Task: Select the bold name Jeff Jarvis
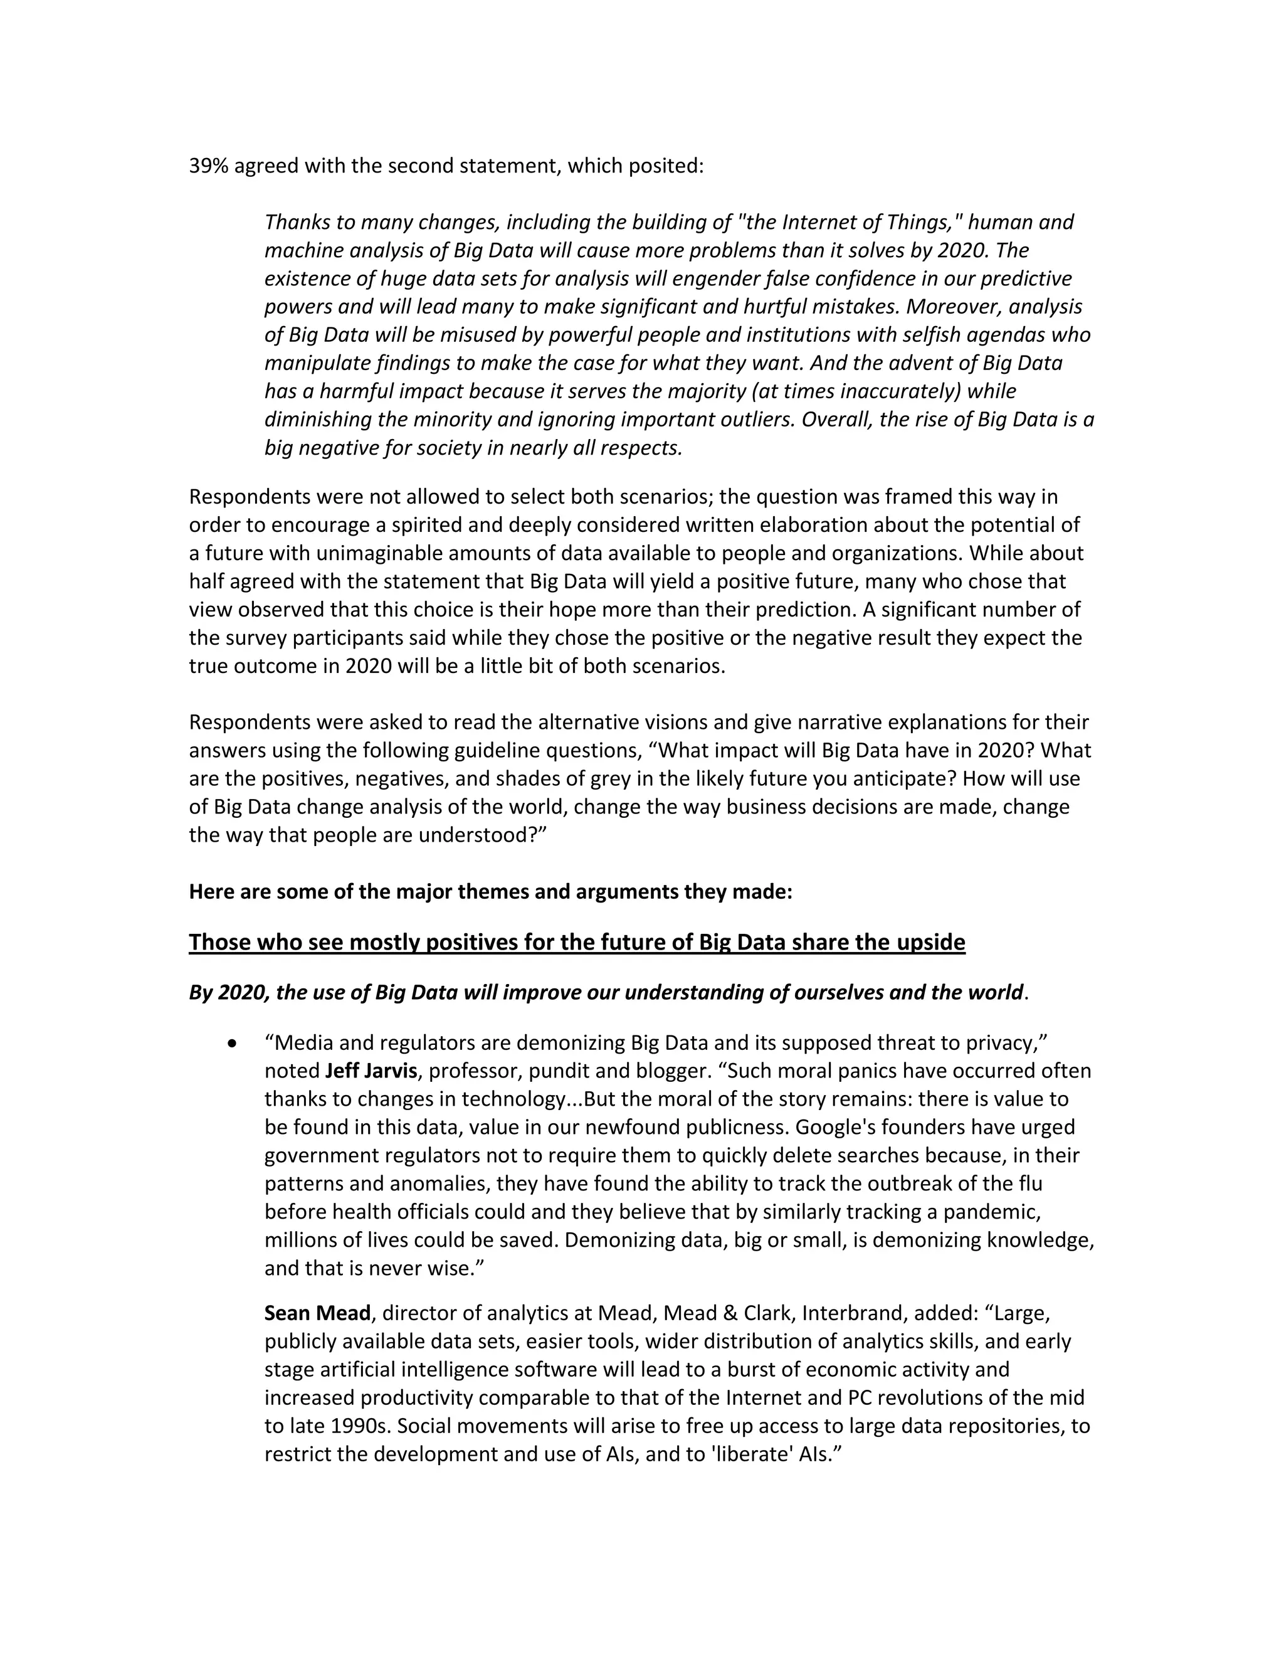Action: click(371, 1071)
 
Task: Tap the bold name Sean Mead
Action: click(317, 1313)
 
